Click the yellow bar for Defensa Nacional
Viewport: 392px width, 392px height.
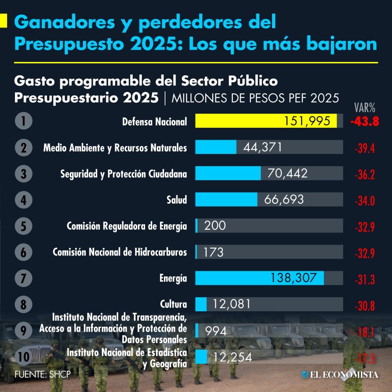coord(266,121)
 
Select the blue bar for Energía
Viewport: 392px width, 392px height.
coord(260,278)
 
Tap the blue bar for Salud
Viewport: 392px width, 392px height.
coord(226,199)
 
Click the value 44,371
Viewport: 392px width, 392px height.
coord(262,147)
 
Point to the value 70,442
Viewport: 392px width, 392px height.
coord(287,173)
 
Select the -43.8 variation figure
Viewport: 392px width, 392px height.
coord(365,122)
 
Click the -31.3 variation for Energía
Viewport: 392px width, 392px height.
coord(365,279)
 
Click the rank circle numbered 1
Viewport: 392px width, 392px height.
coord(24,121)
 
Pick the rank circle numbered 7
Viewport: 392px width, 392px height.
coord(24,278)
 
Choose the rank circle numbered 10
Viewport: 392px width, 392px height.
coord(24,357)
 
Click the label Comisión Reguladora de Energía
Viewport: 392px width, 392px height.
coord(127,226)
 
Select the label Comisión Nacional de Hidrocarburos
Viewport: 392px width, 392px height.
coord(120,252)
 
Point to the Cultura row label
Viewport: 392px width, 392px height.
coord(173,304)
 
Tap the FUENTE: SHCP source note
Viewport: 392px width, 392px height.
coord(42,374)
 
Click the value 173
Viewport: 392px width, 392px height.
coord(214,252)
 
